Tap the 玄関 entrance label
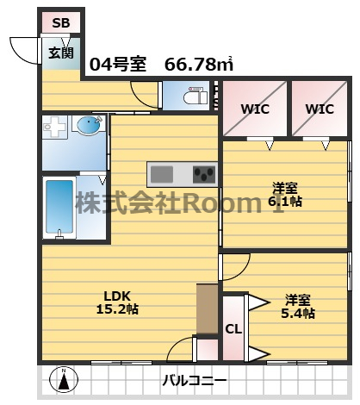59,53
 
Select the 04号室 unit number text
117,64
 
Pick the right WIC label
319,109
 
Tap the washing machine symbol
57,129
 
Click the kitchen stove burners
204,175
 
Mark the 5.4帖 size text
298,313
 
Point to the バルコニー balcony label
196,380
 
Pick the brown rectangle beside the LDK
207,308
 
